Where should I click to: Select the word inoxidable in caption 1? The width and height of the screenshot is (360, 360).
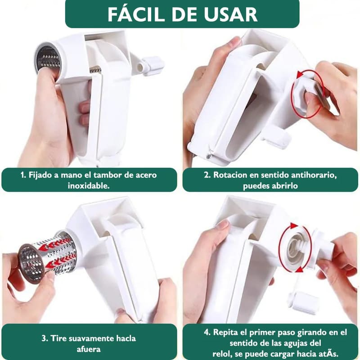click(89, 186)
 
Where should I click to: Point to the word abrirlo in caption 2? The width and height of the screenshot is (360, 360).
click(284, 186)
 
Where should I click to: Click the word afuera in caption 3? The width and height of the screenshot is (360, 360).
click(89, 349)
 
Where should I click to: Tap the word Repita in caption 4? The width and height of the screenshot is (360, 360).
click(226, 332)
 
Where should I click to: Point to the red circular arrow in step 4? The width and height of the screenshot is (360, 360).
click(282, 248)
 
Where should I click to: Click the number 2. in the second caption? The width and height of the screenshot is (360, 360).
click(207, 175)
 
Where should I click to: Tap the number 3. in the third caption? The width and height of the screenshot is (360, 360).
click(45, 338)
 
